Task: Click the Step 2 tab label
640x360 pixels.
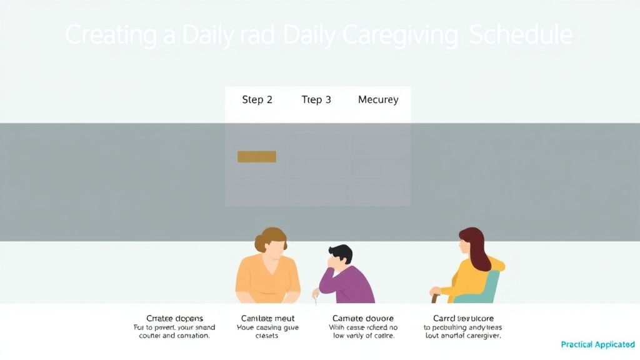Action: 257,100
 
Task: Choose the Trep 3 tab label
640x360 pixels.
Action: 316,100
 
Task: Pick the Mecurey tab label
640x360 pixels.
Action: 378,100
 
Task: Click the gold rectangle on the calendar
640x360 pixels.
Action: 256,156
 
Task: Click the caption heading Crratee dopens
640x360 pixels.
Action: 174,318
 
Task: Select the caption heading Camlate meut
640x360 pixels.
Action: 267,318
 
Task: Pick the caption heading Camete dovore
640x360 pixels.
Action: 363,318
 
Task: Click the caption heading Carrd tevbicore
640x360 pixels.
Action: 463,318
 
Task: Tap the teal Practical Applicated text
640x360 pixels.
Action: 597,344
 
